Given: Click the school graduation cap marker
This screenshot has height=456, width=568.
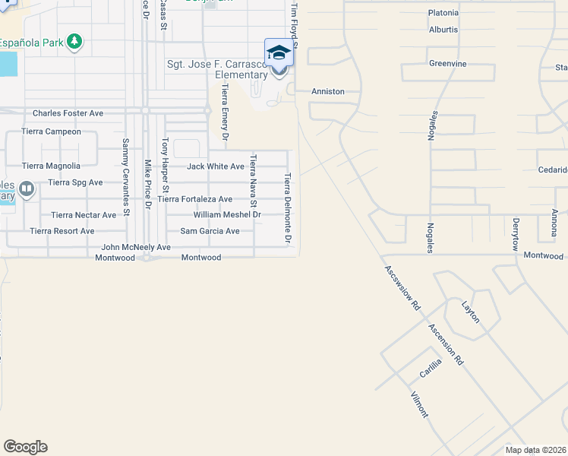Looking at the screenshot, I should point(279,53).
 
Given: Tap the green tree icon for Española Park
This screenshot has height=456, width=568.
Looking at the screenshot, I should point(74,41).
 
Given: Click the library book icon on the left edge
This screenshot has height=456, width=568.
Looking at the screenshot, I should point(27,188).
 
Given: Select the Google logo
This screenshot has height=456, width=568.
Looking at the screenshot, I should point(25,447).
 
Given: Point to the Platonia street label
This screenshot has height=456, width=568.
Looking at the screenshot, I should point(443,13).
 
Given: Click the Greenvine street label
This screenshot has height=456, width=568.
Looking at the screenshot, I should point(447,64).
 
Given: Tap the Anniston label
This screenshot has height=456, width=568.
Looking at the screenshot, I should point(328,91).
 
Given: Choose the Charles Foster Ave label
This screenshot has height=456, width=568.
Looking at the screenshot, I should point(68,113).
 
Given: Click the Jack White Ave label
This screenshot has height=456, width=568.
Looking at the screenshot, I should point(216,166).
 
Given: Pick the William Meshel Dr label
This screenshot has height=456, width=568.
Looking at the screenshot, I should point(227,214).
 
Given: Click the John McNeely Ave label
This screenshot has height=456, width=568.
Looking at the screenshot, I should point(136,247).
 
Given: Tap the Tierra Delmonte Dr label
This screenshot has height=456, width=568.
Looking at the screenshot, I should point(288,208).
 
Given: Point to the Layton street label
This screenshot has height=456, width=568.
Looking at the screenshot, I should point(471,312).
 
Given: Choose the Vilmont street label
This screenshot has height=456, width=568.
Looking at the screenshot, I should point(419,404).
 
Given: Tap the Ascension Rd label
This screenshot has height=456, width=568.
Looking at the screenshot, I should point(446,345).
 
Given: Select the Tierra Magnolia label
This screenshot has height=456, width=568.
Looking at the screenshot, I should point(51,166).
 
